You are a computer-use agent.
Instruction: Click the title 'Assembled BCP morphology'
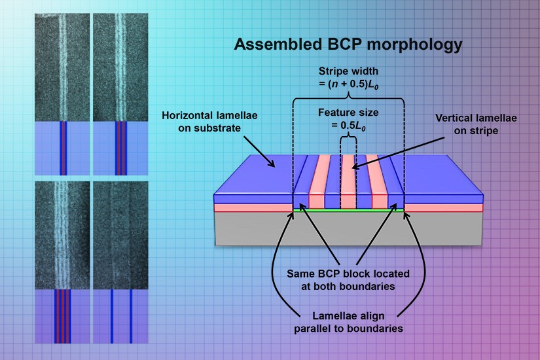(348, 45)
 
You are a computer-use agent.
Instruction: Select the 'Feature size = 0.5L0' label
(348, 119)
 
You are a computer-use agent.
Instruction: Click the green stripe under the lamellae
(348, 211)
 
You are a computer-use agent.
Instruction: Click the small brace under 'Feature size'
(348, 139)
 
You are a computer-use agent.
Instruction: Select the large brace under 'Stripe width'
(348, 98)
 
